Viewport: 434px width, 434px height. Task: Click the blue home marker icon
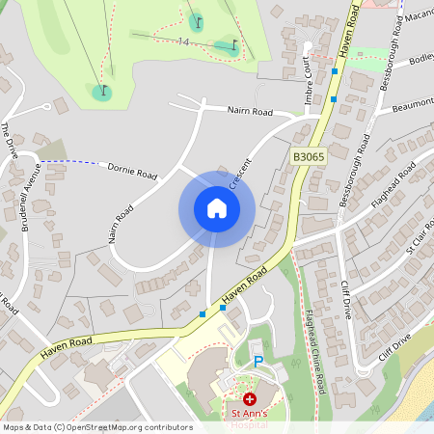point(216,208)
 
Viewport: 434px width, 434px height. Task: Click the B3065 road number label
point(309,155)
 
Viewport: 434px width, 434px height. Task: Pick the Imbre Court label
point(309,83)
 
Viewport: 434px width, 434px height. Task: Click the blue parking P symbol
point(258,361)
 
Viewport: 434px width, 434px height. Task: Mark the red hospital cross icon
point(250,398)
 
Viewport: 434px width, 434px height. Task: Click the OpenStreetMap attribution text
point(97,427)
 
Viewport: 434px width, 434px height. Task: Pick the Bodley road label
point(421,61)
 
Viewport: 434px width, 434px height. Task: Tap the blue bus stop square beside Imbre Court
point(334,71)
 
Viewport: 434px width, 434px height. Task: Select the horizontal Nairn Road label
point(250,112)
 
